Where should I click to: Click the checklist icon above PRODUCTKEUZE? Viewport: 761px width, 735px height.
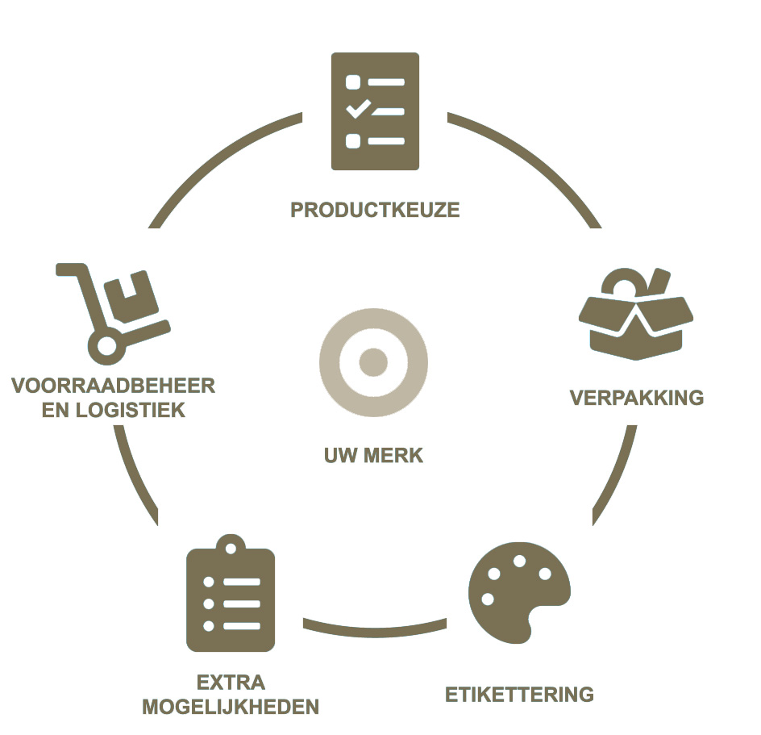(x=375, y=111)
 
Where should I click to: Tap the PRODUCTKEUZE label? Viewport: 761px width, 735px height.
(x=375, y=211)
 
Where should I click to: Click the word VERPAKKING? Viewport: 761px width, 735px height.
(x=636, y=398)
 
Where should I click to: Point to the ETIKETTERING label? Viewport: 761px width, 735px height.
(x=519, y=694)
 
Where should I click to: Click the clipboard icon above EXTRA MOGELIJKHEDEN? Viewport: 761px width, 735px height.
(x=231, y=598)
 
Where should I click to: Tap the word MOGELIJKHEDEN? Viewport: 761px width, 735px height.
(x=231, y=708)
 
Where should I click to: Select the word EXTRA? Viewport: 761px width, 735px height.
(x=231, y=682)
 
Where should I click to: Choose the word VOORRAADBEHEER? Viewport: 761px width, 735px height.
(x=114, y=386)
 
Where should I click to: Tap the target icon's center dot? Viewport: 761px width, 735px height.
(x=373, y=361)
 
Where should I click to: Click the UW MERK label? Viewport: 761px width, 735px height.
(x=373, y=456)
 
